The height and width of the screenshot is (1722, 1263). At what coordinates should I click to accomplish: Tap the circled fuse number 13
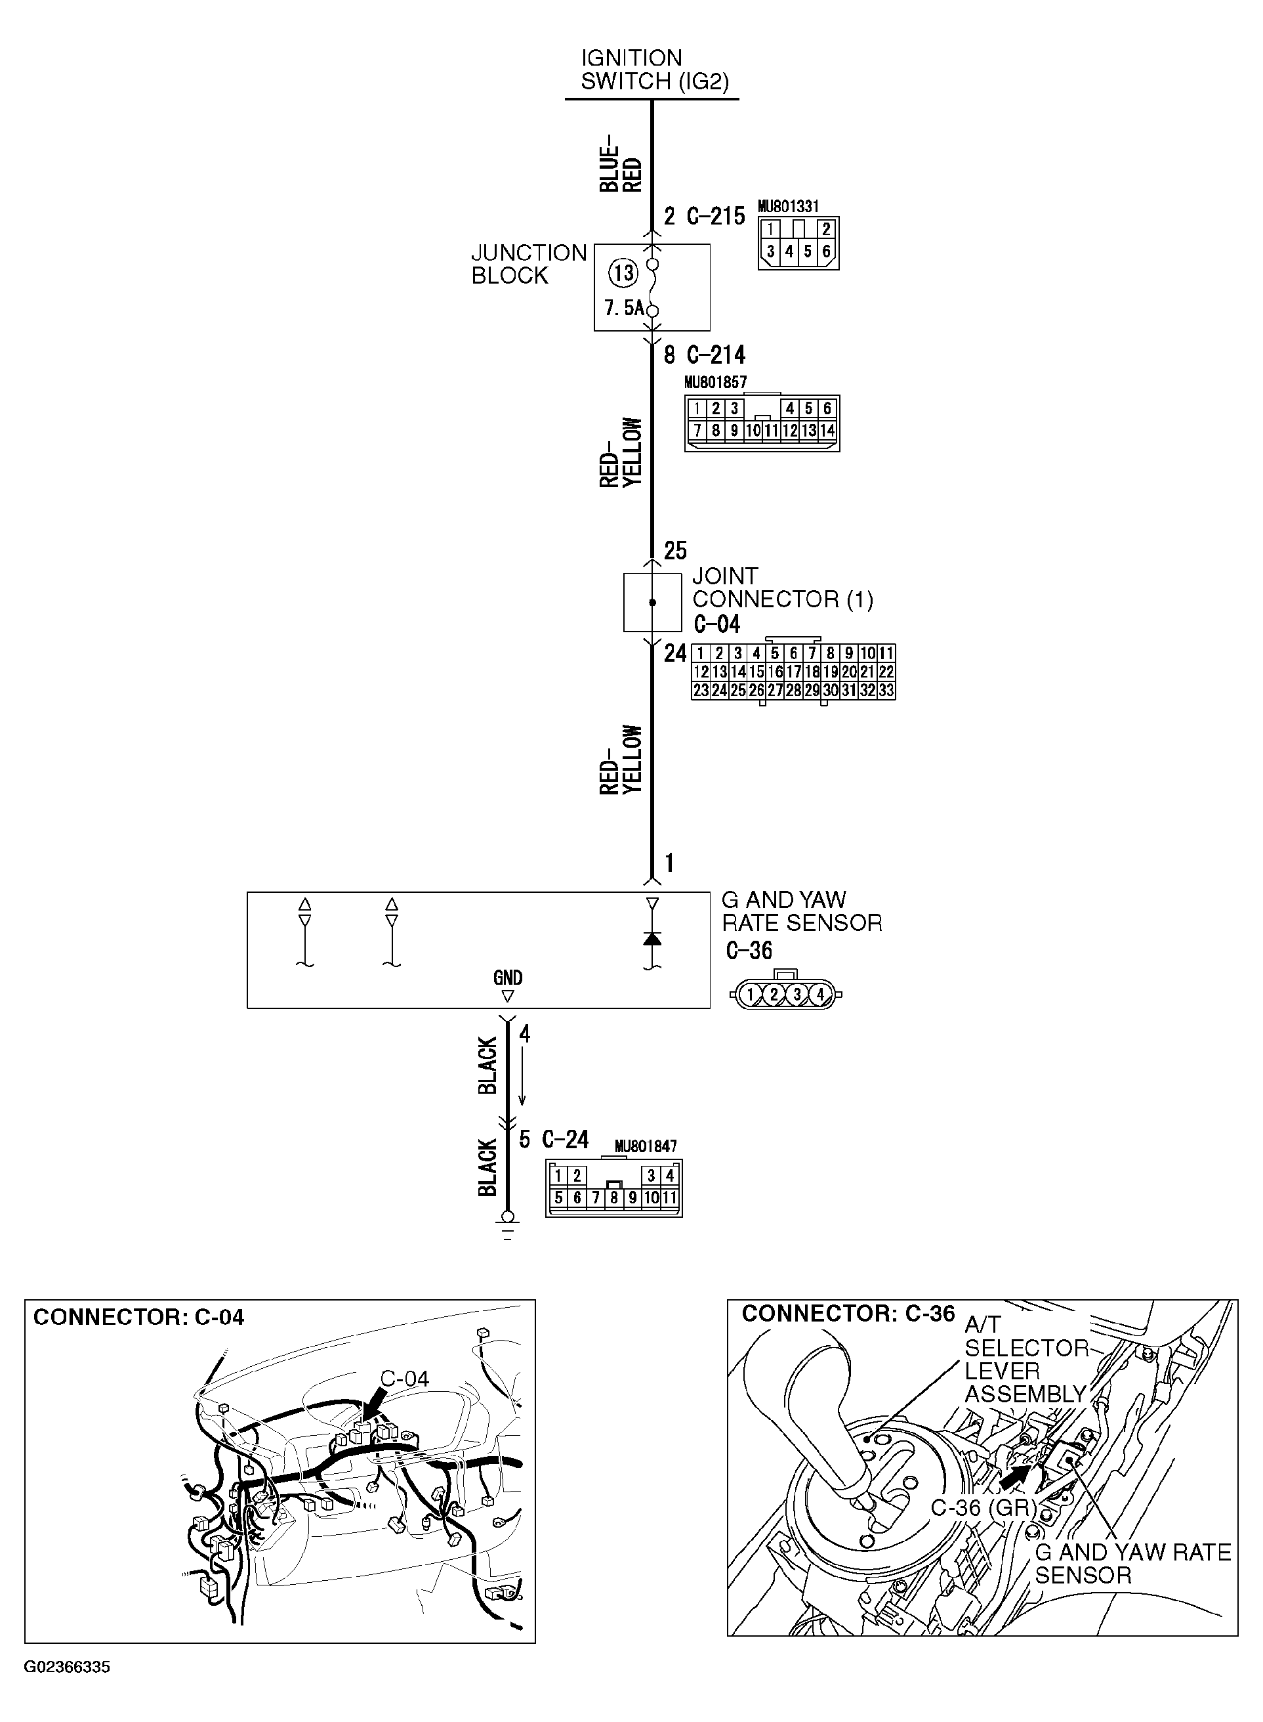coord(623,273)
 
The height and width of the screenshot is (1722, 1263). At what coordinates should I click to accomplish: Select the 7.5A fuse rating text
coord(623,309)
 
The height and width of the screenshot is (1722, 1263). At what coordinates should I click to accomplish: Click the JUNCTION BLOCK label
coord(528,264)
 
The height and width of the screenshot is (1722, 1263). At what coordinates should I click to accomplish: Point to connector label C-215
coord(716,217)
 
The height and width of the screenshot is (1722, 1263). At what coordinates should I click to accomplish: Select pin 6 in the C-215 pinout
coord(827,251)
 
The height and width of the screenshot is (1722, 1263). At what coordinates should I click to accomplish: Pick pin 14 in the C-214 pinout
coord(827,431)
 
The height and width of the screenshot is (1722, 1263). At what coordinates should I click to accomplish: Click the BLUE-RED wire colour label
coord(620,165)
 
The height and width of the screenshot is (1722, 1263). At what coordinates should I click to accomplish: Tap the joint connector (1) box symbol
coord(652,603)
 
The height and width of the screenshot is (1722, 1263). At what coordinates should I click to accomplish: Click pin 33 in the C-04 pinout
coord(886,690)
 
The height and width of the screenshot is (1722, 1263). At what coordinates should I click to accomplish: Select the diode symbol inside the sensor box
coord(652,939)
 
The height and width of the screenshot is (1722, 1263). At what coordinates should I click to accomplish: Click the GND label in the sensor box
coord(508,978)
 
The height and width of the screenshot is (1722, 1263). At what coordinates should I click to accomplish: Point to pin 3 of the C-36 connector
coord(797,995)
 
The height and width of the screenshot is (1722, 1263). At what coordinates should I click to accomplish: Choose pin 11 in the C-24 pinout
coord(670,1198)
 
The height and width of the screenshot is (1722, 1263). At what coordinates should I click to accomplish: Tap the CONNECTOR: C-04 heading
coord(138,1318)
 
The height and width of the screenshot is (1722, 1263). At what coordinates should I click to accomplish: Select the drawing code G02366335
coord(68,1667)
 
